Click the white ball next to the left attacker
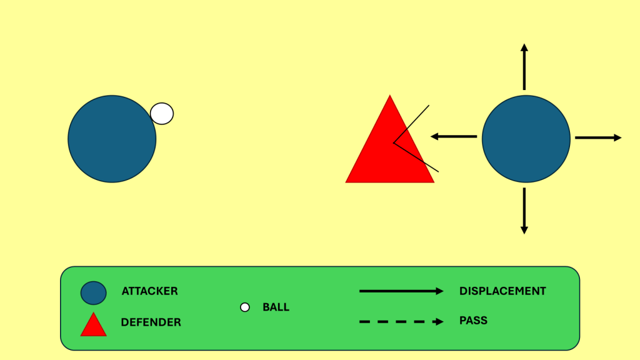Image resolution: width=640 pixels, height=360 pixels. (162, 114)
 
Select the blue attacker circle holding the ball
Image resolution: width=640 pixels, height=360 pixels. (112, 139)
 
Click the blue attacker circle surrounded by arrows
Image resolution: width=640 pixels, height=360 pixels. (526, 139)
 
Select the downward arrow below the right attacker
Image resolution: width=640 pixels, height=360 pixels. (524, 211)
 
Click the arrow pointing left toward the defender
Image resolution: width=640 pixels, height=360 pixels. (454, 136)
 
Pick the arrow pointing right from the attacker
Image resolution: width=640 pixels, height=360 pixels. (598, 137)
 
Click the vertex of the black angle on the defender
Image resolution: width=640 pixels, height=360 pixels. (394, 143)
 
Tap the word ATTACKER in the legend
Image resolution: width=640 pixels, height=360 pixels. (149, 291)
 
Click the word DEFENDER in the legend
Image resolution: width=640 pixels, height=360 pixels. (151, 322)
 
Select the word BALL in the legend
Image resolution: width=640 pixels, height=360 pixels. (276, 307)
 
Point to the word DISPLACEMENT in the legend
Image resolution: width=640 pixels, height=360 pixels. (502, 291)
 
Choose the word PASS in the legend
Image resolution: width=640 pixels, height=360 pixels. (473, 321)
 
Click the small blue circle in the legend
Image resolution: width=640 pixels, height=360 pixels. (93, 292)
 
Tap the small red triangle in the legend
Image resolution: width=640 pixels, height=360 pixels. (94, 326)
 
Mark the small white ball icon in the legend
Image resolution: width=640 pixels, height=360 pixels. (245, 307)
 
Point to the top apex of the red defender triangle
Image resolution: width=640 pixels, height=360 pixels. (390, 97)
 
